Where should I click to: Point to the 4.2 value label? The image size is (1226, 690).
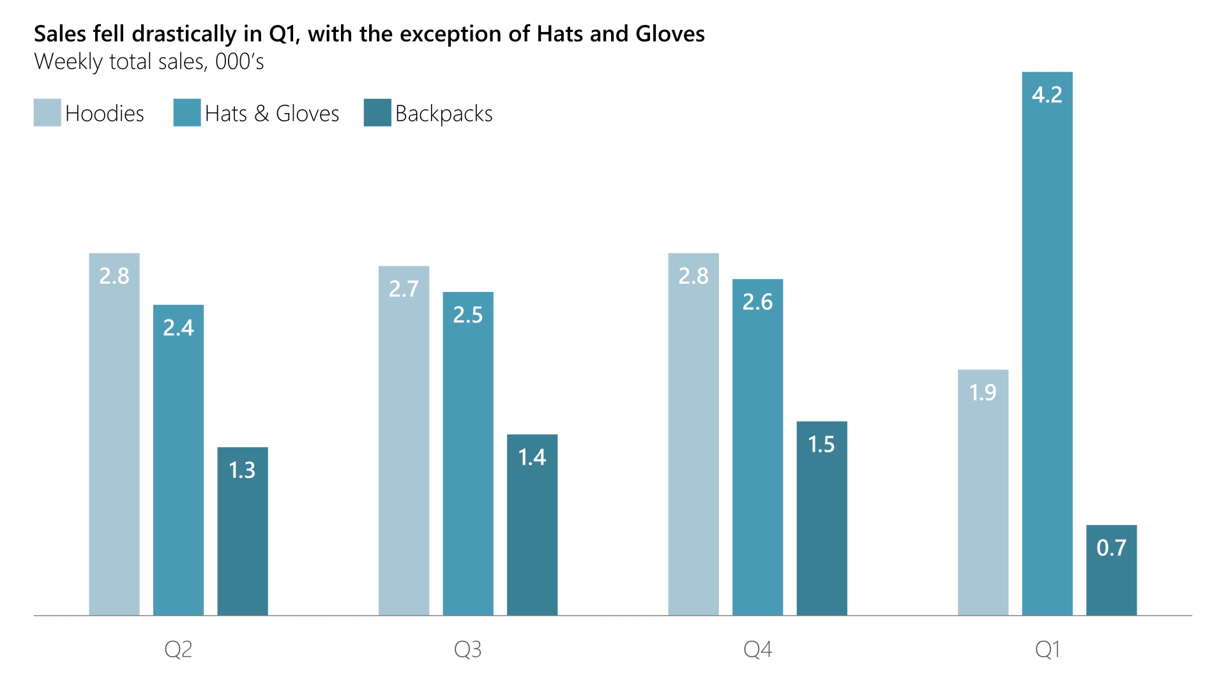(x=1047, y=95)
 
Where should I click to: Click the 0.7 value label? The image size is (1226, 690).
(x=1111, y=548)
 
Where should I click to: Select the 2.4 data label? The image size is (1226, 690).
(x=178, y=328)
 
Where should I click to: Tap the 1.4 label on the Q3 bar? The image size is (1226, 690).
(x=532, y=457)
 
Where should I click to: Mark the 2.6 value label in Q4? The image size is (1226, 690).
(x=757, y=302)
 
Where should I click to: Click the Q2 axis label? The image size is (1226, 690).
(x=178, y=650)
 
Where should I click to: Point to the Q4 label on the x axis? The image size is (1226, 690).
(x=757, y=650)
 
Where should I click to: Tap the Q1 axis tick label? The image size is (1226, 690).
(x=1047, y=650)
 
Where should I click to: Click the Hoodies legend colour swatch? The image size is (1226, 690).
(x=47, y=112)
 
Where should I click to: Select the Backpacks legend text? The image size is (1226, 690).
(x=444, y=114)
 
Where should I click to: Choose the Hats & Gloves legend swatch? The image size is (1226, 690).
(x=187, y=112)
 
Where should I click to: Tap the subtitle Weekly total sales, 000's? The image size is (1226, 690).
(x=149, y=62)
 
